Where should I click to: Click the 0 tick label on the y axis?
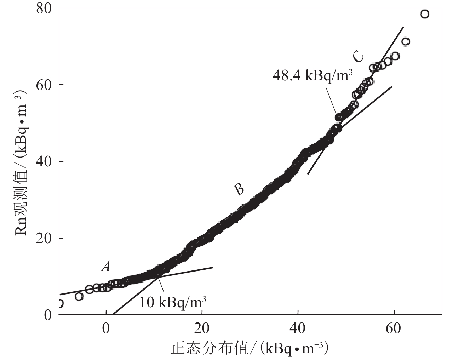49,315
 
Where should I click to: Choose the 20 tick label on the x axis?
202,328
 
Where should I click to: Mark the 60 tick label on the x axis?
394,328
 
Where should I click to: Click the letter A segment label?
105,267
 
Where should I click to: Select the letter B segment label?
239,190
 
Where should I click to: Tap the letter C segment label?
358,56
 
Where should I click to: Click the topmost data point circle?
425,14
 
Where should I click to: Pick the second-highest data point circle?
406,41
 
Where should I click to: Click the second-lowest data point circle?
79,296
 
